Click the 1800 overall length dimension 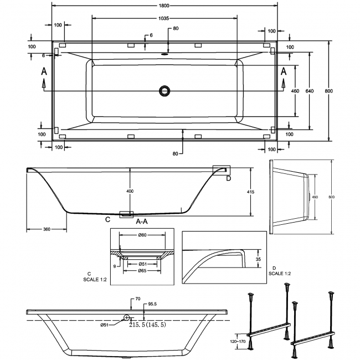point(164,6)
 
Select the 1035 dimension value point(164,18)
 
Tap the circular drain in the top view point(164,91)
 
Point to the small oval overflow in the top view point(164,54)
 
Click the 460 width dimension point(295,91)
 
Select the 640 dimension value point(310,91)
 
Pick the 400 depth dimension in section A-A point(130,191)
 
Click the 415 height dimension point(251,192)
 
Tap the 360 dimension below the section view point(47,229)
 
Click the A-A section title point(142,222)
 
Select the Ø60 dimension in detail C point(142,235)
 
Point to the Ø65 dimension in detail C point(142,271)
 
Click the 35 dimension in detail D point(258,259)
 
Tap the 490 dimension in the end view point(315,197)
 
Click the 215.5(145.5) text point(147,325)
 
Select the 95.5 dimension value point(152,304)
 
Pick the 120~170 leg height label point(238,341)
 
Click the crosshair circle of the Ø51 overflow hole point(126,317)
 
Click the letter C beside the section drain point(107,220)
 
